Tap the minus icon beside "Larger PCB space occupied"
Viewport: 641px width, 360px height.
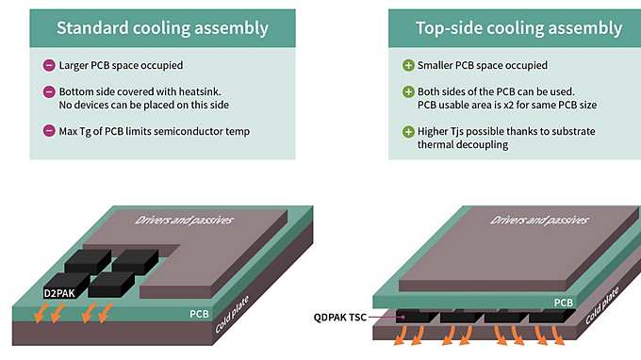49,66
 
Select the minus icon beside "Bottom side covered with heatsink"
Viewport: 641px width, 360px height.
49,91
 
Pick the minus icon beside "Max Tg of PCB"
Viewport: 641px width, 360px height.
49,130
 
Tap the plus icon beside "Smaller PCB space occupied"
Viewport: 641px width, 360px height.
408,66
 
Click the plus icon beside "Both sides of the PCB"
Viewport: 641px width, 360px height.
408,91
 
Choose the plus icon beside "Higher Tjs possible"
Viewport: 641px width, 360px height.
408,130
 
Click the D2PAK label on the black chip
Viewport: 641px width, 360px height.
61,293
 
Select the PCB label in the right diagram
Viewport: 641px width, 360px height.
563,303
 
